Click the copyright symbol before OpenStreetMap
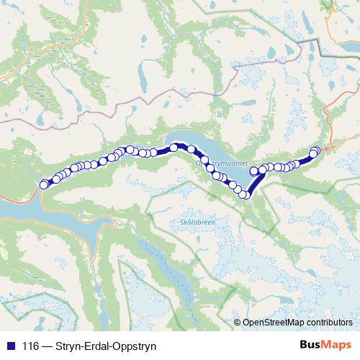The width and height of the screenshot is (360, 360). pos(238,323)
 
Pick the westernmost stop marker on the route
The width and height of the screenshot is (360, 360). pos(44,184)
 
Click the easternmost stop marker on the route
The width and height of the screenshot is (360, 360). pos(315,150)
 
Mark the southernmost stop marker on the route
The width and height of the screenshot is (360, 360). pos(244,194)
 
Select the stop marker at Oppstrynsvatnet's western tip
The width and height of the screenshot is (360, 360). pos(174,148)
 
